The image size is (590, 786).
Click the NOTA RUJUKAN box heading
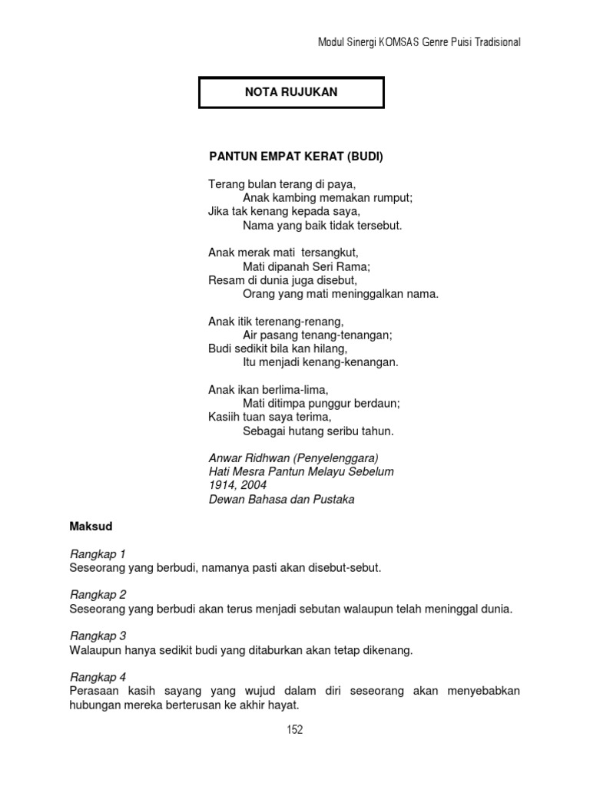point(291,92)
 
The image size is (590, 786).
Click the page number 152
point(295,730)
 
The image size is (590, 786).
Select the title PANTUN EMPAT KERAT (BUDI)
point(296,157)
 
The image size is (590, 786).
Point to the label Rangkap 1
point(98,553)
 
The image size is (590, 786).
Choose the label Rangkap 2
point(98,595)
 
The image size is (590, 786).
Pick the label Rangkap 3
point(98,636)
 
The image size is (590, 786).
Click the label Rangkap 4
point(98,677)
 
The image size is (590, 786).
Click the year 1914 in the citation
point(220,485)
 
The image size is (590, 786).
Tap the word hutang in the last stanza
point(315,431)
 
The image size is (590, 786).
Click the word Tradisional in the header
point(496,42)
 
